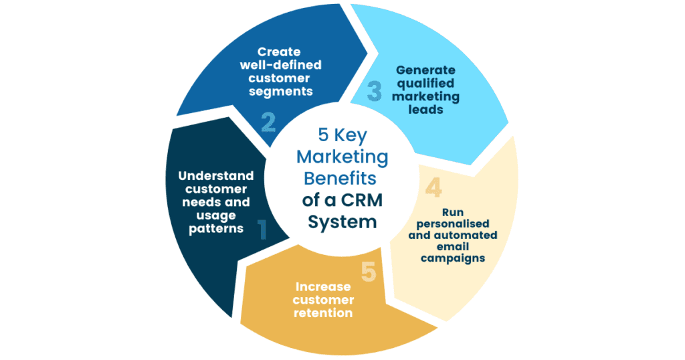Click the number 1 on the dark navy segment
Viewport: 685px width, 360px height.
click(262, 230)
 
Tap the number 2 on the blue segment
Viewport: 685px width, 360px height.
click(268, 122)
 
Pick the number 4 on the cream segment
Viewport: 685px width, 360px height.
click(433, 188)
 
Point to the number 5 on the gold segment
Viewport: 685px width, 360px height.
click(369, 271)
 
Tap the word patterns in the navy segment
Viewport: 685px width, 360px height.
click(215, 228)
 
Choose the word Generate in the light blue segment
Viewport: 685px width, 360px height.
click(425, 70)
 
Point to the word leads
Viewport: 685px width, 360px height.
click(425, 109)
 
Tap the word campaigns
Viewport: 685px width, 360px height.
click(452, 258)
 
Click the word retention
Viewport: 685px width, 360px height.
click(323, 312)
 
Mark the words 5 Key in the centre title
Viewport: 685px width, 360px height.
click(342, 136)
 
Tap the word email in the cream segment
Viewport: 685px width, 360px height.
click(452, 246)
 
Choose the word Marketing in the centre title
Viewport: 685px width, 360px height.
click(342, 157)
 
